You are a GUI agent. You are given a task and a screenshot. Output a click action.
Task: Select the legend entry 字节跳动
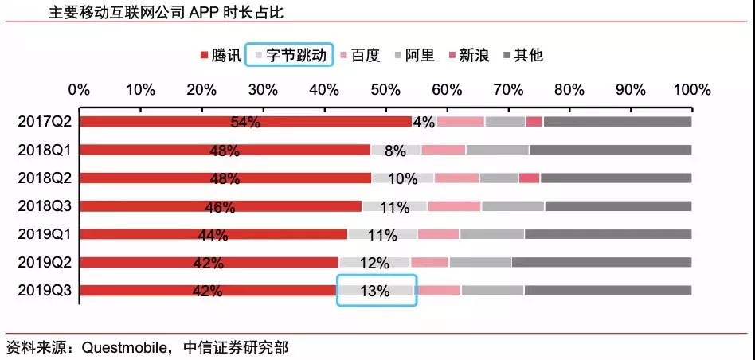[x=288, y=55]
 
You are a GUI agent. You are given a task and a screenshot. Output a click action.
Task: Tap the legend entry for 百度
[x=360, y=55]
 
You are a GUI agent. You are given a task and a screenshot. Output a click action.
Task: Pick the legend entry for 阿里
[x=414, y=55]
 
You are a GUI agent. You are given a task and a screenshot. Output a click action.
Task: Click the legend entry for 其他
[x=523, y=55]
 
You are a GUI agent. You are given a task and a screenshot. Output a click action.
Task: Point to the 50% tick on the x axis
[x=385, y=89]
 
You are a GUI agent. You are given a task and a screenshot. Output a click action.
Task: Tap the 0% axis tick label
[x=80, y=89]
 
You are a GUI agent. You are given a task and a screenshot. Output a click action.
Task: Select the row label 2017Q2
[x=45, y=122]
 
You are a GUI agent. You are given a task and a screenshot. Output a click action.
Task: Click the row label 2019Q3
[x=45, y=291]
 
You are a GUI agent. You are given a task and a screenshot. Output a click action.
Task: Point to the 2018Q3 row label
[x=45, y=206]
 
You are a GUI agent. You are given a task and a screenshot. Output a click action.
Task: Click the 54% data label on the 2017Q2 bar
[x=245, y=122]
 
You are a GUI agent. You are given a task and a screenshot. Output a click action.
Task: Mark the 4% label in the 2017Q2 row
[x=424, y=122]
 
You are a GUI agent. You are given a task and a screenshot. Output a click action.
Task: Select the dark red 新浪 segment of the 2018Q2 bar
[x=529, y=178]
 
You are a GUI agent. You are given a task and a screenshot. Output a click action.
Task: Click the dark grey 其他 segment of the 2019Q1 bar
[x=608, y=234]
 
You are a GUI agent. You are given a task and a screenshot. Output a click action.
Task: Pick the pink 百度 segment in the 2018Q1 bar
[x=443, y=150]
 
